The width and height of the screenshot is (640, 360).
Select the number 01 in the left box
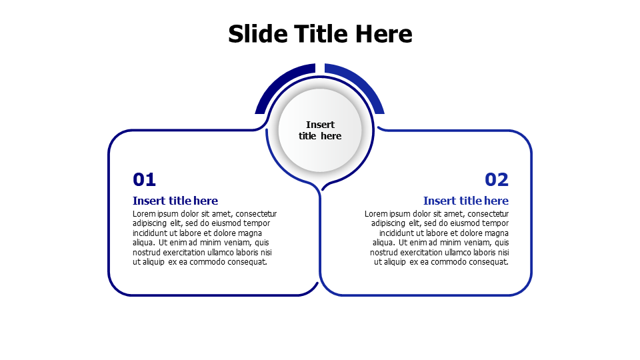point(144,179)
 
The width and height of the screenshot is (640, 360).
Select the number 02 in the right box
point(497,179)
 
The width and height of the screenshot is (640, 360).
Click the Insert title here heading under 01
point(175,201)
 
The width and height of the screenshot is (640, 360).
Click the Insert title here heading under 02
point(466,201)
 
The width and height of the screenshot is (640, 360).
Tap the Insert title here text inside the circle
point(320,130)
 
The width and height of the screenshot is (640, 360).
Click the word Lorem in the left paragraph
point(143,214)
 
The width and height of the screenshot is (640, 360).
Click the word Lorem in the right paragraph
point(375,214)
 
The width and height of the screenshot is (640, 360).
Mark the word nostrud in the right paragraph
point(384,253)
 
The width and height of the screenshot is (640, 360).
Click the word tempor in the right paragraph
point(495,223)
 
